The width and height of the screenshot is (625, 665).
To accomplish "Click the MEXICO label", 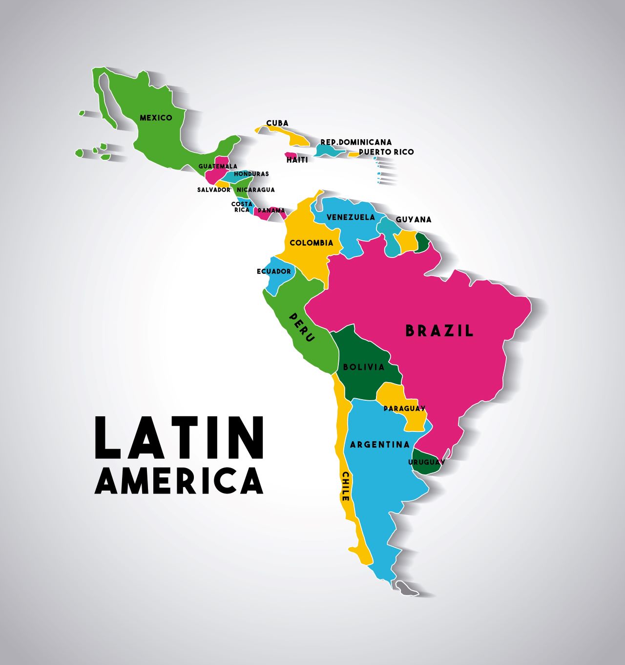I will (x=156, y=118).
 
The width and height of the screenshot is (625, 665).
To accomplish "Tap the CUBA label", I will (x=277, y=123).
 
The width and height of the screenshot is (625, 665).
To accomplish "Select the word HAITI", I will (x=297, y=160).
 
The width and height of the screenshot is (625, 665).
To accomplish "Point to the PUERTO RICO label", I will (x=386, y=152).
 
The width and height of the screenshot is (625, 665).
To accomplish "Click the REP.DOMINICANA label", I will (x=356, y=142).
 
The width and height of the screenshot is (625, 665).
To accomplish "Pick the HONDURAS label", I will (x=251, y=174).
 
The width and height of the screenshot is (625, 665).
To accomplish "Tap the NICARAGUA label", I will (x=255, y=190).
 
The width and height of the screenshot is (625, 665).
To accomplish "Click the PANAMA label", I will (x=271, y=211).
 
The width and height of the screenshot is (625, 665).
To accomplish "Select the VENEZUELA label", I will (x=351, y=217).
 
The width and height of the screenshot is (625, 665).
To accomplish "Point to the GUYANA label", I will (x=414, y=220).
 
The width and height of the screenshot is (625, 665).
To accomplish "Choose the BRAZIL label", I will (x=439, y=331).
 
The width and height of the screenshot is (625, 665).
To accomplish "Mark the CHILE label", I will (x=345, y=486).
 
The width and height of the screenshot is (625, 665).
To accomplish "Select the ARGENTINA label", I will (x=380, y=445).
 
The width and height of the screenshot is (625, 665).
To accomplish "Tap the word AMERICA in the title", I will (x=179, y=481).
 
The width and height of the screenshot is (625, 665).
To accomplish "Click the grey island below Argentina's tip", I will (x=406, y=588).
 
